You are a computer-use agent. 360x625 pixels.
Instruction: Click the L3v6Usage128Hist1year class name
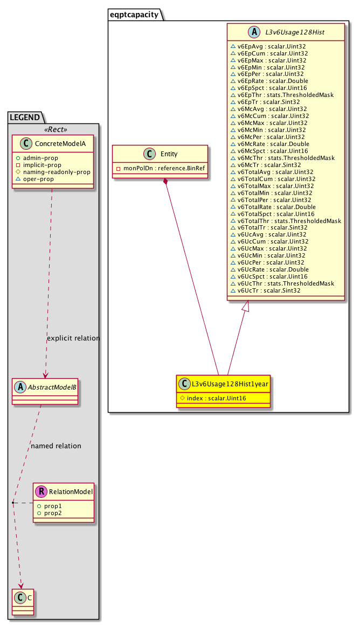click(x=230, y=384)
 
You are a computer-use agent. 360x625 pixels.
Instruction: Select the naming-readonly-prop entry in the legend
click(x=57, y=171)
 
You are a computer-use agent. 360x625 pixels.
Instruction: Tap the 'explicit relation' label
click(x=73, y=338)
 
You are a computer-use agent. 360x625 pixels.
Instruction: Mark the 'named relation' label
click(x=56, y=446)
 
